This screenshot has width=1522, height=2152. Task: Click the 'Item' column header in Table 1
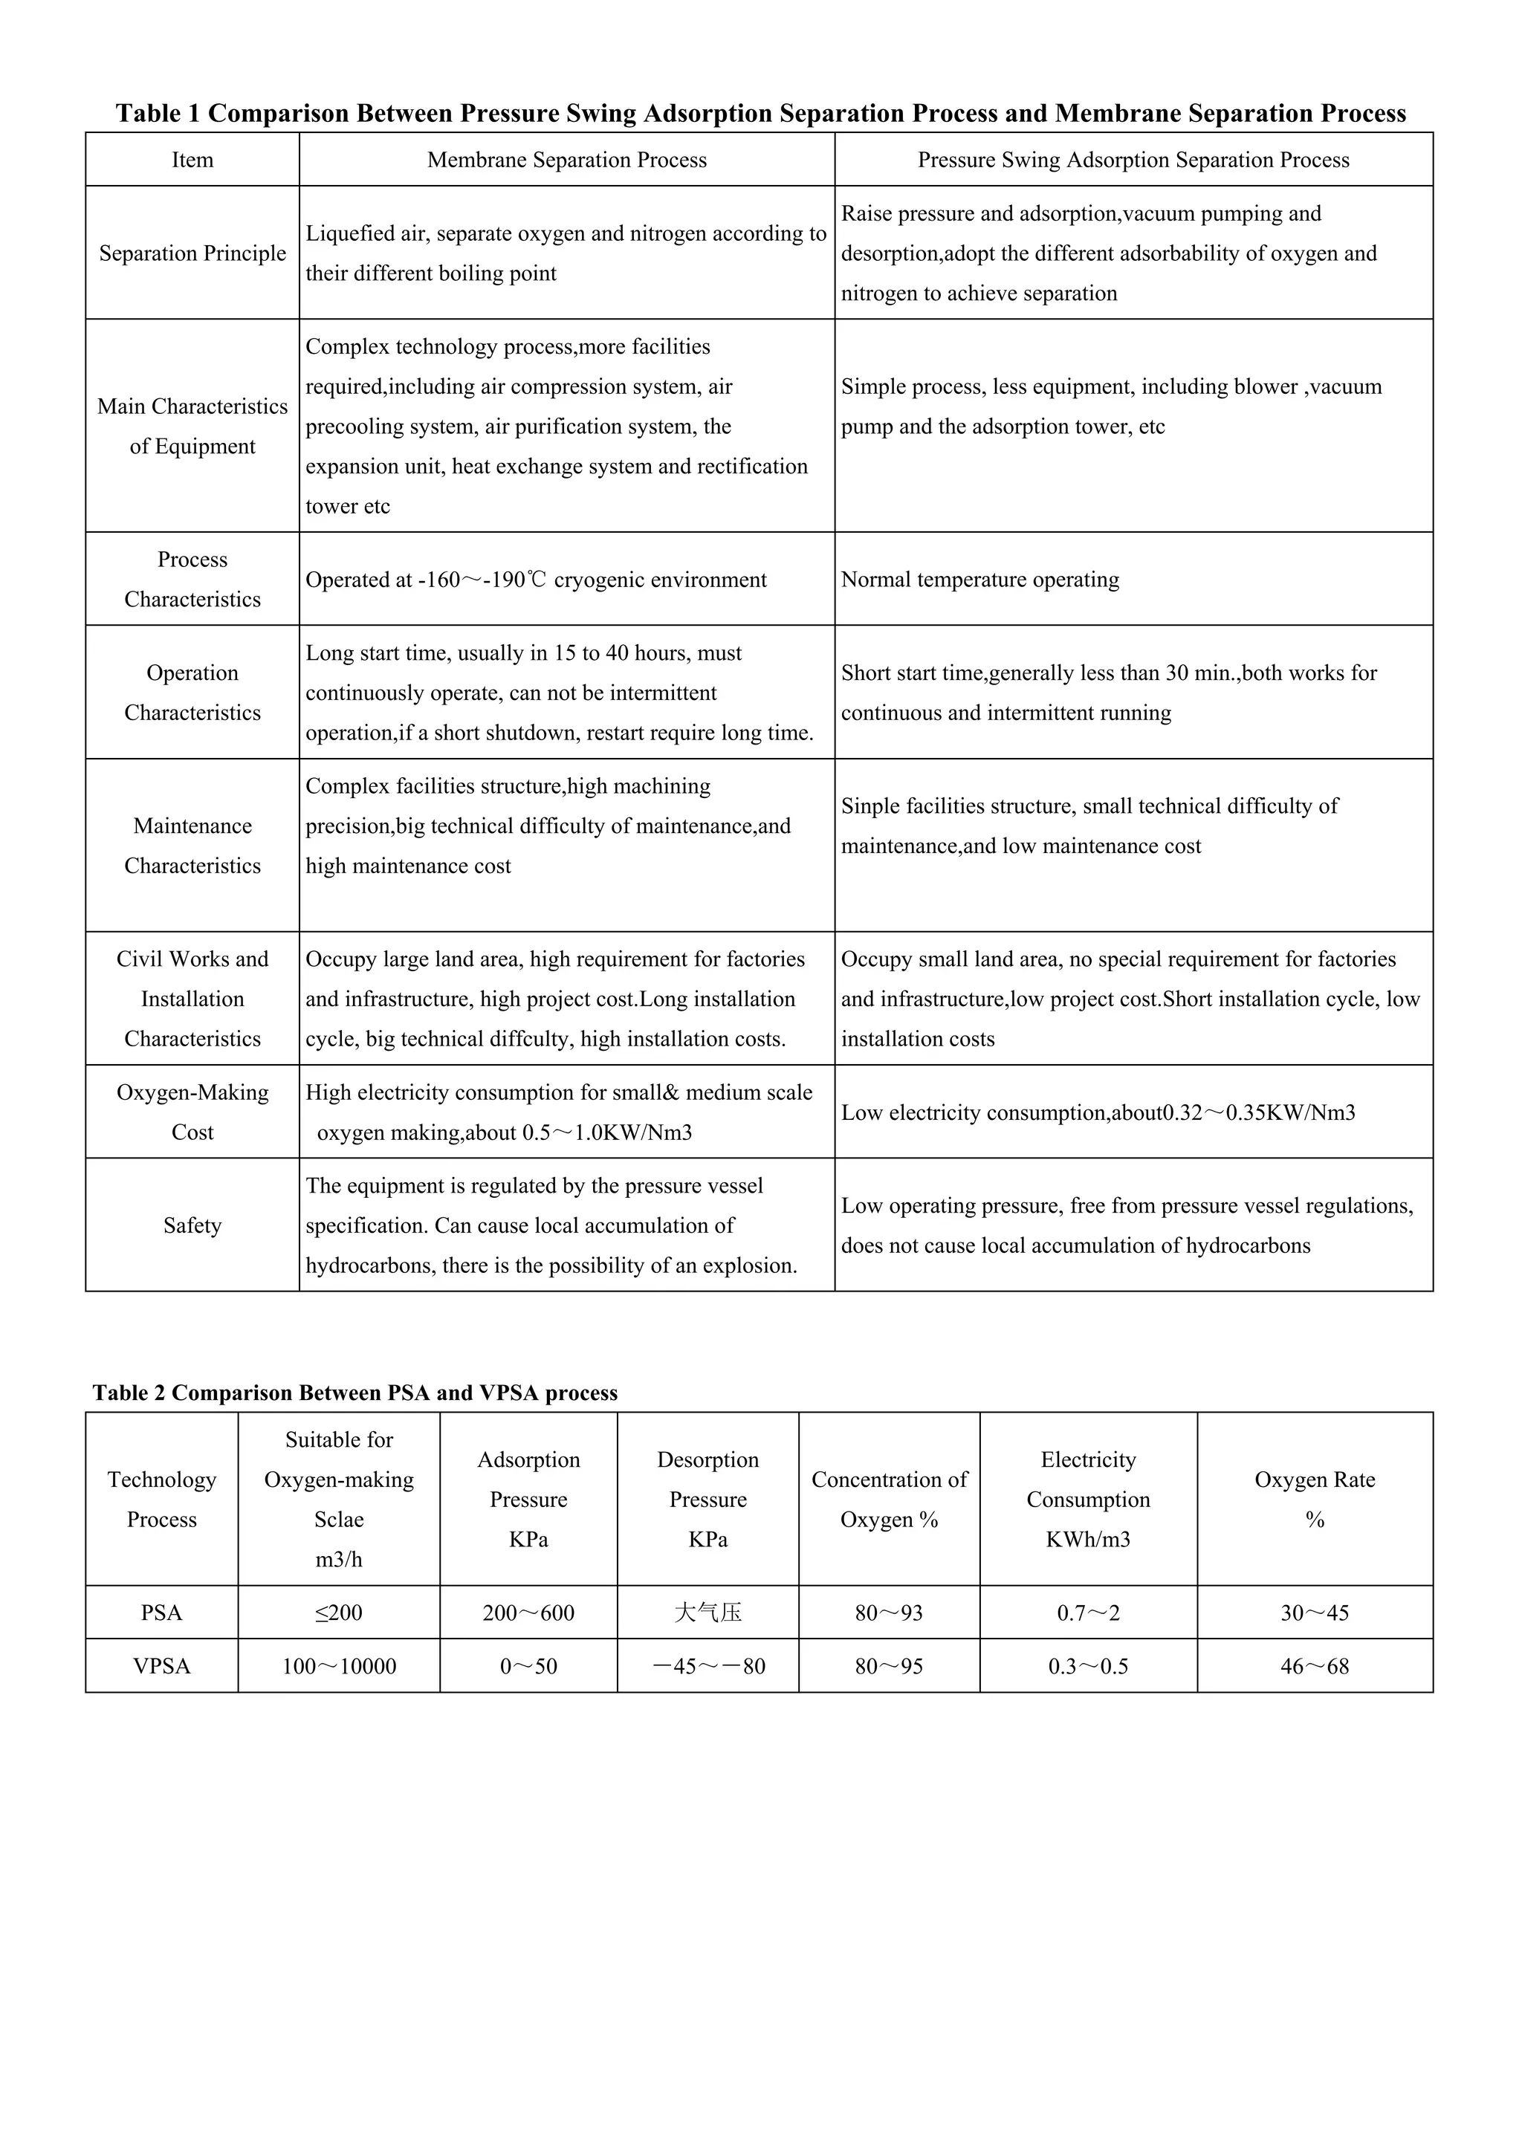tap(192, 161)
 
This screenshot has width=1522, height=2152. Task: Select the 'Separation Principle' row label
tap(192, 253)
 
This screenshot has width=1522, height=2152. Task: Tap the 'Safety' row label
tap(192, 1225)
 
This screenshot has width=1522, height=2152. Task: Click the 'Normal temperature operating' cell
tap(979, 579)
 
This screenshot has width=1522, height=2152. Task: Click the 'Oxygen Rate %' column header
tap(1314, 1500)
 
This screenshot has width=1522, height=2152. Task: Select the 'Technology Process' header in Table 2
tap(161, 1500)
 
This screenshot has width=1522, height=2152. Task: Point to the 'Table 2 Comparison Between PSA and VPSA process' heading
tap(355, 1393)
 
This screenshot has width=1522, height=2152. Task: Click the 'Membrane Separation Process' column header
tap(566, 161)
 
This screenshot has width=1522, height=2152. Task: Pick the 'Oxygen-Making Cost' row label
tap(192, 1112)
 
